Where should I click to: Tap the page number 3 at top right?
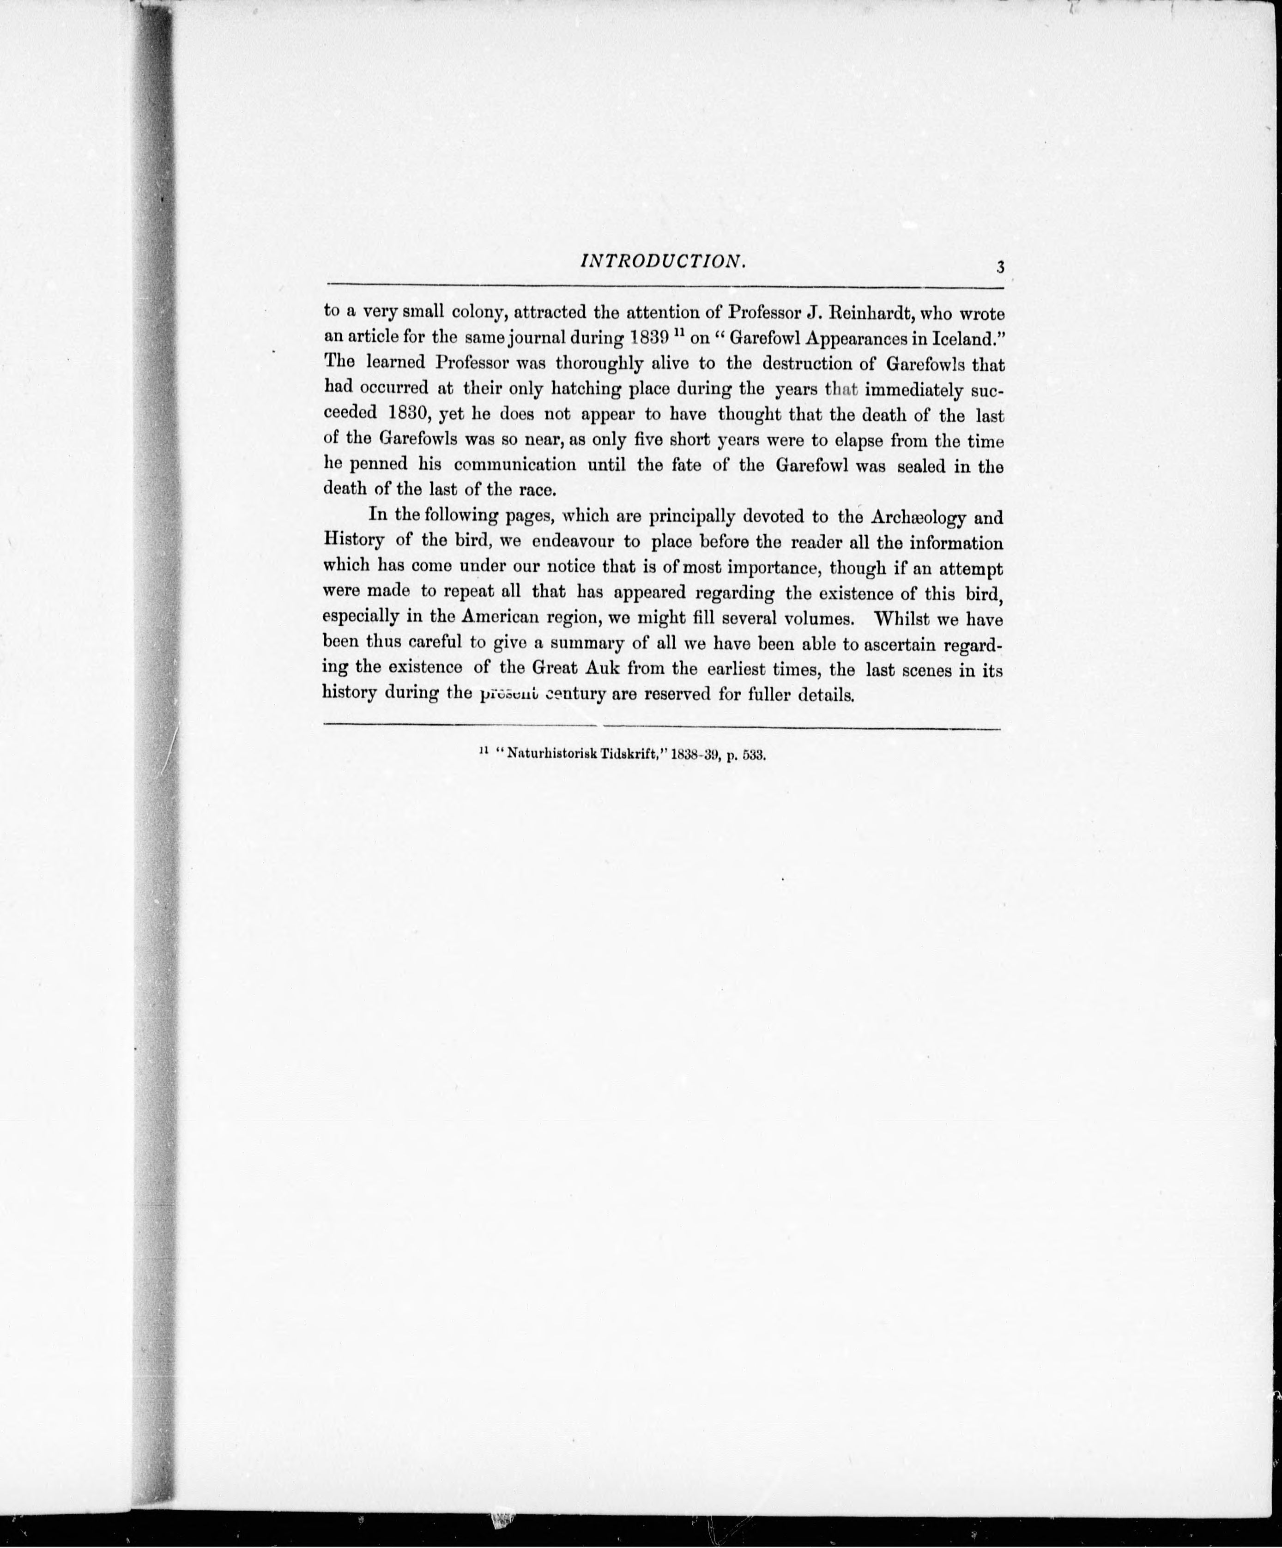(x=1000, y=267)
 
